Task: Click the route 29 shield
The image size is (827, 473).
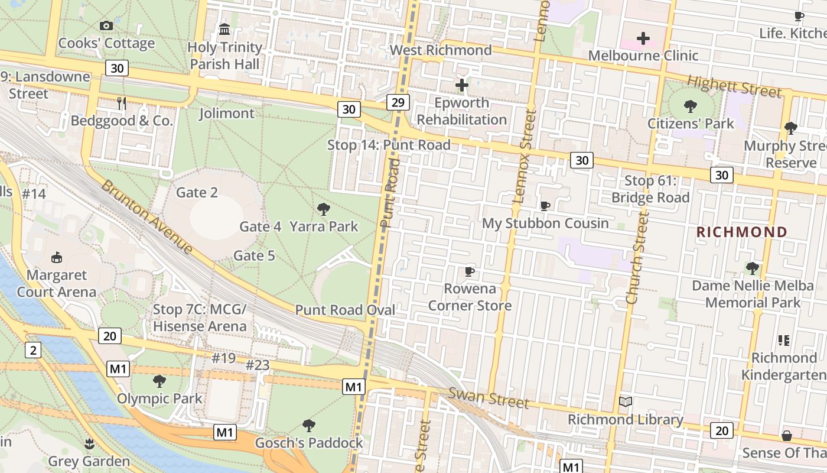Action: tap(398, 102)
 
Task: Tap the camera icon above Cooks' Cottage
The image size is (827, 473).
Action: tap(106, 25)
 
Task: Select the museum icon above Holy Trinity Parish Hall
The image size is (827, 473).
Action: tap(224, 29)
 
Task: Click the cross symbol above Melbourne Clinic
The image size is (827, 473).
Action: tap(643, 39)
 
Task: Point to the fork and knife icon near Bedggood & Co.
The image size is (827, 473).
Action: tap(122, 103)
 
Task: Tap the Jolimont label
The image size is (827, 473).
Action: tap(227, 114)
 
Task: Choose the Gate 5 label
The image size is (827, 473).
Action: tap(255, 255)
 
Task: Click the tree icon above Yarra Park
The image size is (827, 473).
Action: tap(323, 209)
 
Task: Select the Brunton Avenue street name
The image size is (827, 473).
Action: tap(147, 217)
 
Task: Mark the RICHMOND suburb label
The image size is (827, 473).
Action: tap(742, 232)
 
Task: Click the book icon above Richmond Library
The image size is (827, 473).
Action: tap(626, 402)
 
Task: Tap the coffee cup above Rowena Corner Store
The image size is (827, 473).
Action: tap(470, 272)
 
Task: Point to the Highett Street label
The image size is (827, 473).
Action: tap(734, 88)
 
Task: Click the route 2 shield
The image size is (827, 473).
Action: tap(33, 350)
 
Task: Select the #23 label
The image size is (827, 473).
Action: tap(258, 365)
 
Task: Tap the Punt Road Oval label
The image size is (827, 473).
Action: tap(345, 310)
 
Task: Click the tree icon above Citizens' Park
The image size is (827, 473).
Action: tap(690, 106)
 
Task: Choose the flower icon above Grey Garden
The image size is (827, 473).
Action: tap(89, 443)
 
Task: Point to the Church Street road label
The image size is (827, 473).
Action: tap(637, 258)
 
